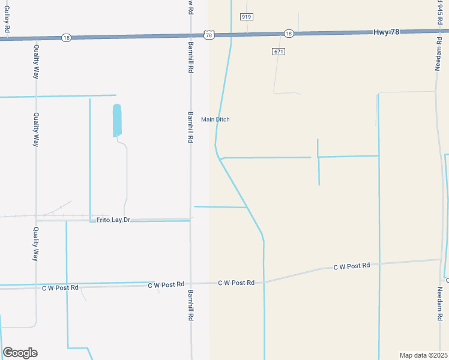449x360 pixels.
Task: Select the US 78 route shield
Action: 208,35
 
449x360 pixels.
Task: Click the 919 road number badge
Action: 246,17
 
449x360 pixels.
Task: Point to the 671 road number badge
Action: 278,52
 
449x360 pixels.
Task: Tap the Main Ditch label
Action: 215,119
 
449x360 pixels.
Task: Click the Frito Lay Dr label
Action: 113,220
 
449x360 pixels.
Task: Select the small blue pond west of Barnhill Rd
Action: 117,120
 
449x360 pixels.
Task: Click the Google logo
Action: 20,352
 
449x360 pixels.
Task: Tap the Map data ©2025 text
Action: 423,355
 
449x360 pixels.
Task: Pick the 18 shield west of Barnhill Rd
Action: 66,37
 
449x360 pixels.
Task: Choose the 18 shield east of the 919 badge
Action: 289,34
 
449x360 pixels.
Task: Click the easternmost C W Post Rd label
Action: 352,266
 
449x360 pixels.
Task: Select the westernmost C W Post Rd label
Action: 60,288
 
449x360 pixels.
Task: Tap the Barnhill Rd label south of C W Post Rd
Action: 190,305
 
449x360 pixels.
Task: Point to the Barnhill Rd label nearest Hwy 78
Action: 190,59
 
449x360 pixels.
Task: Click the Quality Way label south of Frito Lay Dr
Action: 35,243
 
